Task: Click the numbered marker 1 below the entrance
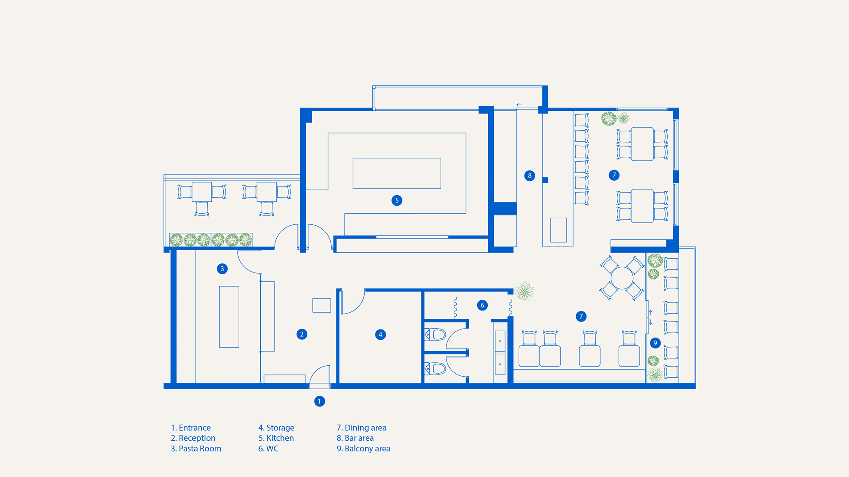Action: tap(319, 401)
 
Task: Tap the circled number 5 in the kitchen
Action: tap(397, 201)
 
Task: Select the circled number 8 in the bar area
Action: tap(530, 176)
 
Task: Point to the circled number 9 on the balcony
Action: tap(655, 343)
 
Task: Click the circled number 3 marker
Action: tap(222, 269)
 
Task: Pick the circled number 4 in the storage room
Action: tap(380, 334)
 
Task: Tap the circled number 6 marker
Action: tap(482, 305)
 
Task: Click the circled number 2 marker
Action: tap(302, 334)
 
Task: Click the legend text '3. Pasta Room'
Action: tap(196, 449)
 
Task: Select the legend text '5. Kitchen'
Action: tap(276, 438)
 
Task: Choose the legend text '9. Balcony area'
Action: tap(363, 449)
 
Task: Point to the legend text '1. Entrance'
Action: tap(191, 428)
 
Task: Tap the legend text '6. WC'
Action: tap(268, 449)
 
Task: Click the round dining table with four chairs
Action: tap(622, 278)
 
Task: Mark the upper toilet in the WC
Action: tap(435, 334)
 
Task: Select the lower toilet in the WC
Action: tap(435, 368)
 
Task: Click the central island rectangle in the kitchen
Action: tap(397, 173)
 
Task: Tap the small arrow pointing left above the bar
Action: tap(519, 105)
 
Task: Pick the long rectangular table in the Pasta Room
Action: tap(229, 317)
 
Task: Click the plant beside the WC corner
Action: tap(524, 291)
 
